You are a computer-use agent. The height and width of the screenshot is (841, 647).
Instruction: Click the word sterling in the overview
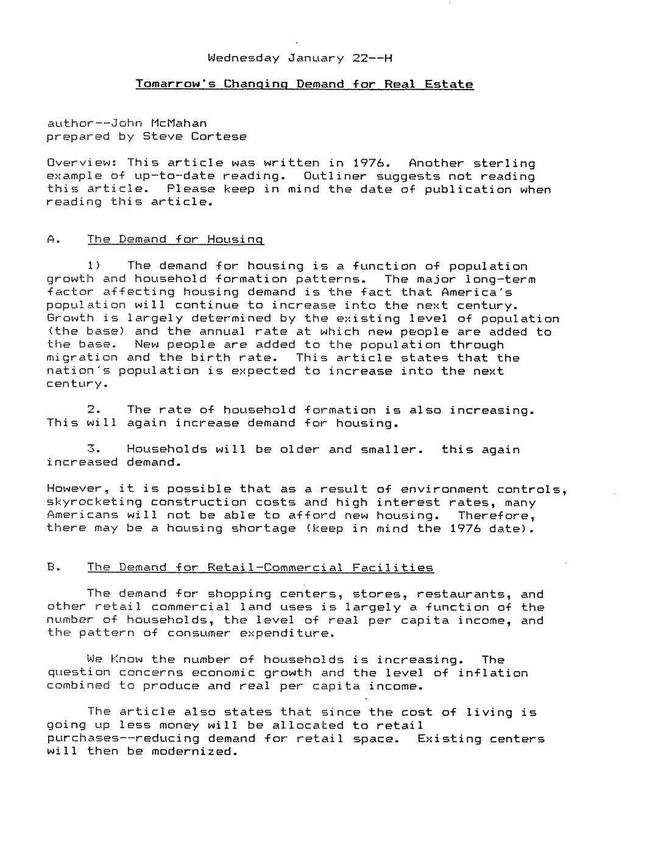coord(504,163)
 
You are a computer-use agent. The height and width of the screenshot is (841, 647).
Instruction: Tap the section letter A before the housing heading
coord(52,240)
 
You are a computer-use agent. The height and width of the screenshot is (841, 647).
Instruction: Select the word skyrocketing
coord(94,503)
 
